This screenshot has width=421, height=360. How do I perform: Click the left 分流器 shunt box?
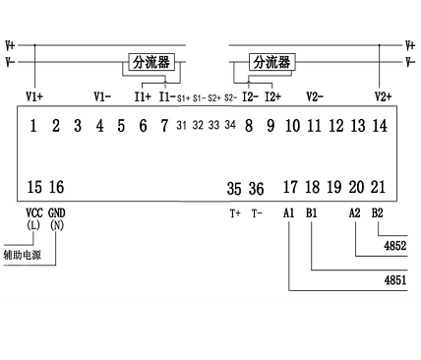[x=151, y=62]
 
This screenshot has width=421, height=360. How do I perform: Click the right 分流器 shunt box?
[x=272, y=62]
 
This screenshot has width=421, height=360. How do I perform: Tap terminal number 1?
[x=34, y=125]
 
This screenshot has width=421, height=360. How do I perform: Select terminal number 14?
[x=381, y=125]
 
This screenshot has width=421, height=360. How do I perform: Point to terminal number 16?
[x=56, y=187]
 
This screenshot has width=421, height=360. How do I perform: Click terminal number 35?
[x=234, y=188]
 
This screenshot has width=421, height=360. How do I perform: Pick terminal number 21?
[x=380, y=187]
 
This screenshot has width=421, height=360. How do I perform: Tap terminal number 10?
[x=292, y=125]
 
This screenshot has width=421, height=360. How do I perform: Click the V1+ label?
[x=35, y=96]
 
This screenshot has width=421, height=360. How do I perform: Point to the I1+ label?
[x=143, y=96]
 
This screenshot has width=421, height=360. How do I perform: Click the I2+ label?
[x=272, y=96]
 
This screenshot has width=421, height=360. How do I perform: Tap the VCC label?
[x=33, y=211]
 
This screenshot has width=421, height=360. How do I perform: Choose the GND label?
[x=56, y=211]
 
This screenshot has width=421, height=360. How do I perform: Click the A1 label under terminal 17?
[x=289, y=211]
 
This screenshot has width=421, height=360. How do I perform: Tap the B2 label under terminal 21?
[x=379, y=211]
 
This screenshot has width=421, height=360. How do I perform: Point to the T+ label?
[x=235, y=211]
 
